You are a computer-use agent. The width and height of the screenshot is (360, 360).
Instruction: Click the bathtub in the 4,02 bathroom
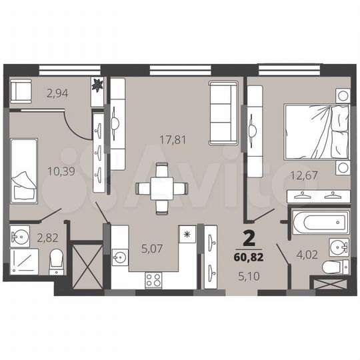click(x=318, y=221)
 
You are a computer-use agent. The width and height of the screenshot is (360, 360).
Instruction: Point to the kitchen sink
click(x=121, y=256)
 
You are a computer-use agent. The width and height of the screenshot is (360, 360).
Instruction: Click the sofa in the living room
click(x=220, y=112)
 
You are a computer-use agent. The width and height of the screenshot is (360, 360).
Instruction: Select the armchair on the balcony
click(x=21, y=90)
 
